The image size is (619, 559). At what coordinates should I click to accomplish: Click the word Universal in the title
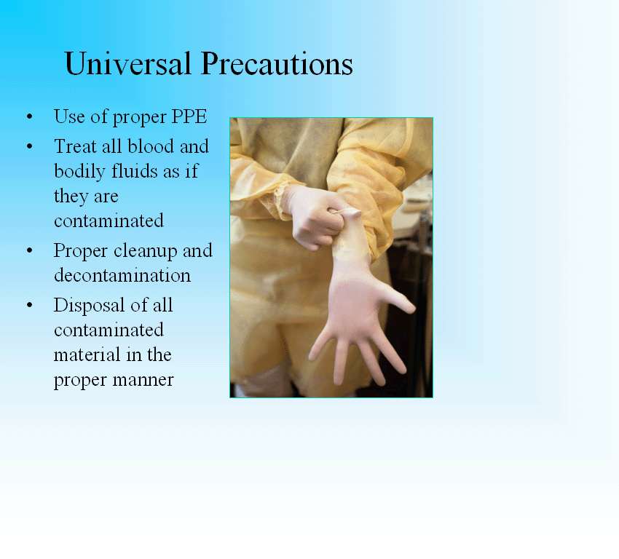coord(128,63)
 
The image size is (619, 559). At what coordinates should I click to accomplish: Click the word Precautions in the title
coord(277,63)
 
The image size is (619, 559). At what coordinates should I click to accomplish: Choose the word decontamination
coord(122,275)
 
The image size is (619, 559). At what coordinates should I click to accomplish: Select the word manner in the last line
coord(143,380)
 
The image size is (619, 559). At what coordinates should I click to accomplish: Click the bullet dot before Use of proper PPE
coord(30,116)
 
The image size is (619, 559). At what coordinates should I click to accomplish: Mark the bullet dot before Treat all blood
coord(30,146)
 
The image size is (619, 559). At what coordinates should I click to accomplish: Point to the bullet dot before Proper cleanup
coord(30,250)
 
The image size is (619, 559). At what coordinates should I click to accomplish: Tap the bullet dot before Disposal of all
coord(30,305)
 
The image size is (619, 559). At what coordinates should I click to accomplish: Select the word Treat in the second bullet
coord(76,146)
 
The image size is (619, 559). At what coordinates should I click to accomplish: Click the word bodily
coord(80,172)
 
